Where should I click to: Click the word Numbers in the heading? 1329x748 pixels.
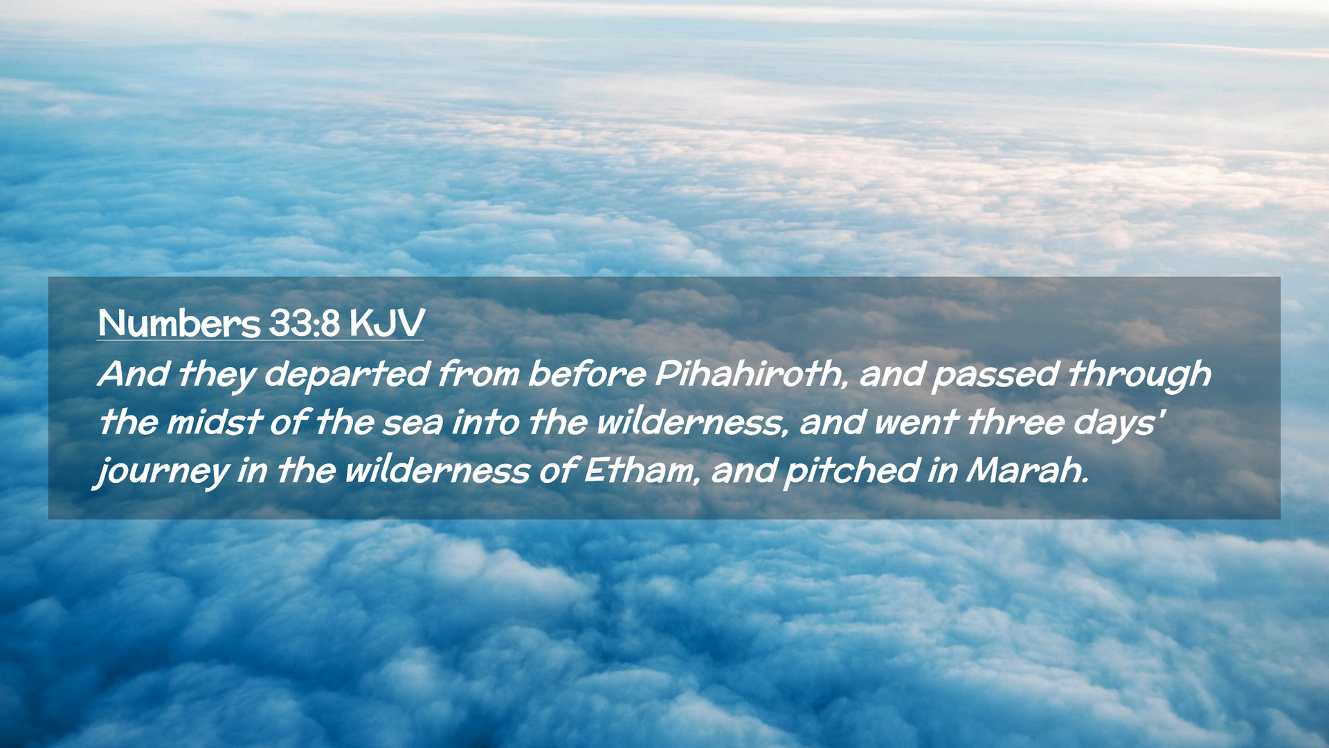[179, 323]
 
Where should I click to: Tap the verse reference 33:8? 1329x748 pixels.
[305, 323]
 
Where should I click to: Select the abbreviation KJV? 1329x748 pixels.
[387, 323]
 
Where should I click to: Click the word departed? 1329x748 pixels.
[347, 375]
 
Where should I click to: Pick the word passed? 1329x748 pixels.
[995, 375]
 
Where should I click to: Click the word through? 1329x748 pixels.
[1139, 375]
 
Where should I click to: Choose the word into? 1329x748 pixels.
[485, 422]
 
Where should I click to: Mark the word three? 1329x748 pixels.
[1015, 422]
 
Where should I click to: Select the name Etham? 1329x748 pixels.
[640, 470]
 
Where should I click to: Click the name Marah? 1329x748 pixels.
[1028, 470]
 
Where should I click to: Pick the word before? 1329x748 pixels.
[587, 374]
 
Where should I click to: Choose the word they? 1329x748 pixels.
[217, 375]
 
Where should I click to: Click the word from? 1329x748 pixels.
[479, 374]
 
